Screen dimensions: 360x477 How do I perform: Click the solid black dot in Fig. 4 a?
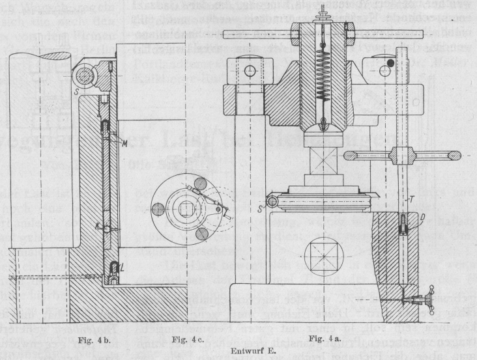391,63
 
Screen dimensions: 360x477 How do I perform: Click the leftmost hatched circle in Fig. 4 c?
158,208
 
